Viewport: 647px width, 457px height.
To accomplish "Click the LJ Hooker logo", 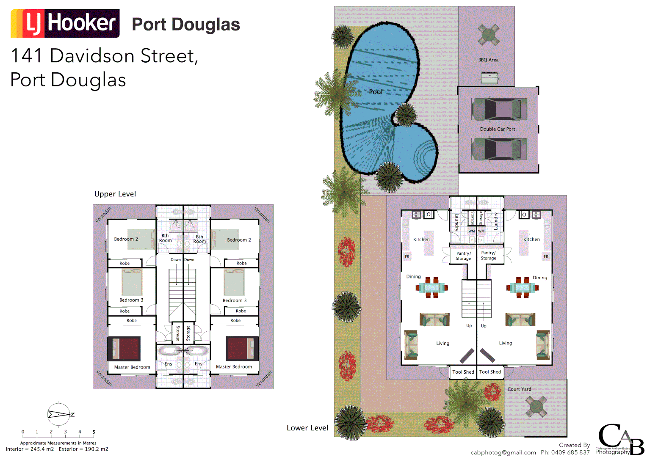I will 65,23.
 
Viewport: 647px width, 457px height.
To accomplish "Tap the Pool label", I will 375,92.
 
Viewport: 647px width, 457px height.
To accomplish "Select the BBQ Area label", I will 488,60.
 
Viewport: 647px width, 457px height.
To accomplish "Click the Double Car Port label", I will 498,129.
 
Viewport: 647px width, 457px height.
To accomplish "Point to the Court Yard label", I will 519,389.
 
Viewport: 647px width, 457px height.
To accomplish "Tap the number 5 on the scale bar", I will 94,432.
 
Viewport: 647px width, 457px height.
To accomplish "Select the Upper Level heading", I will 115,194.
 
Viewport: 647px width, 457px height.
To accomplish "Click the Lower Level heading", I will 307,428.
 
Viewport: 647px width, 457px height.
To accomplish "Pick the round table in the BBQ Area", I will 488,35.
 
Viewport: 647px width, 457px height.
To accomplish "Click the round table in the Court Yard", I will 536,407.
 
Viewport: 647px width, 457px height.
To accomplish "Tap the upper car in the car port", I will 499,109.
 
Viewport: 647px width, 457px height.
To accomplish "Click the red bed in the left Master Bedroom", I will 124,349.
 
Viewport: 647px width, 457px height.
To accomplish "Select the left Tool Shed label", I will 463,372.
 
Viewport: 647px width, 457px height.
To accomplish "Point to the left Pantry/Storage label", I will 463,256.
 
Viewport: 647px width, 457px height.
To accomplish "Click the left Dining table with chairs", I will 432,288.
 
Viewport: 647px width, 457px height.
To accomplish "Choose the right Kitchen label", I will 531,240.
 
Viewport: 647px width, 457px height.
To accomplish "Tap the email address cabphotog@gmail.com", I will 503,452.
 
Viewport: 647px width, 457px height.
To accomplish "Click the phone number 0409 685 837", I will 570,452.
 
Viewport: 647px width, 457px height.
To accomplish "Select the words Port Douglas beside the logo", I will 186,24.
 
